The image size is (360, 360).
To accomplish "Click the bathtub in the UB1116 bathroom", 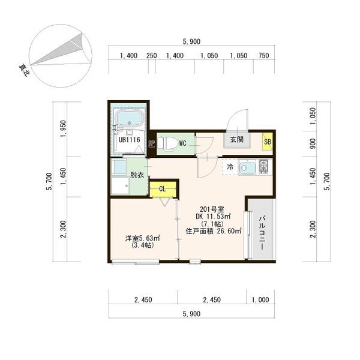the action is coord(130,118).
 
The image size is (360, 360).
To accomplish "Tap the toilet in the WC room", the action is coord(167,144).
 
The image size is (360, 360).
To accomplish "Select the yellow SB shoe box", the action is coord(268,142).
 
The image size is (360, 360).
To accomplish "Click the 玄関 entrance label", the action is coord(237,139).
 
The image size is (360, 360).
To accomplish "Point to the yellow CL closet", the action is coord(163,189).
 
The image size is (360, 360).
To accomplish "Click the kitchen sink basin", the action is coord(247,167).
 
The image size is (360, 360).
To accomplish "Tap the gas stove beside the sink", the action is coord(263,166).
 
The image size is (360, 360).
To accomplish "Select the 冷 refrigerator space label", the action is coord(230,167).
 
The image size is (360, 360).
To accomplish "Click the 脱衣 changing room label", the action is coord(137,175).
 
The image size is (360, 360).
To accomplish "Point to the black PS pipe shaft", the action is coord(152,144).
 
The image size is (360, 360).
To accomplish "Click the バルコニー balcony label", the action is coord(263,233).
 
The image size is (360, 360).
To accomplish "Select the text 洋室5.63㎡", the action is coord(142,238).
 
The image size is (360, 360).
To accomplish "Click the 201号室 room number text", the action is coord(212,209).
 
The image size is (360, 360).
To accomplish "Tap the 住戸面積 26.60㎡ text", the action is coord(213,231).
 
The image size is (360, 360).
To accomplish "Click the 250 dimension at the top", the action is coord(152,56).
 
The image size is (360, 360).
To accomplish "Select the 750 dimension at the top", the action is coord(263,56).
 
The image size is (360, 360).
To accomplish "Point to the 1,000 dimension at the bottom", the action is coord(260,300).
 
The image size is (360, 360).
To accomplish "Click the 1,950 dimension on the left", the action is coord(64,129).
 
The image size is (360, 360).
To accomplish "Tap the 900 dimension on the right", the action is coord(313,143).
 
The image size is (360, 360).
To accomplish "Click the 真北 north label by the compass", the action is coord(24,70).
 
